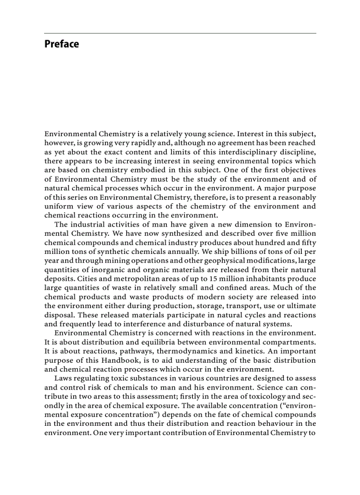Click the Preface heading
click(x=61, y=44)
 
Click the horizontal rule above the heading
click(x=180, y=33)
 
